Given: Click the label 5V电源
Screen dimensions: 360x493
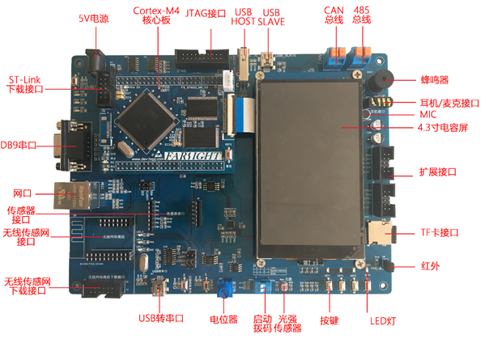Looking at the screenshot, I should pos(95,18).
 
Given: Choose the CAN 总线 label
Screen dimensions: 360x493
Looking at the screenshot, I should pos(334,15).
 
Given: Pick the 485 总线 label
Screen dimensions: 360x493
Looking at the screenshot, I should pos(362,15).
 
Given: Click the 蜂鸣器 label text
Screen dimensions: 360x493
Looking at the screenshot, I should pos(434,79).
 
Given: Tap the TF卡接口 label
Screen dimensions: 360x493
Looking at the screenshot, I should pos(440,232).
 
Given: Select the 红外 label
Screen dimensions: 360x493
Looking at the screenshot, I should pos(430,265).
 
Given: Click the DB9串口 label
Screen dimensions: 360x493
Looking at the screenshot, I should pos(19,145).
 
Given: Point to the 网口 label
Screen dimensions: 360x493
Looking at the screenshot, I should pos(22,193).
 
